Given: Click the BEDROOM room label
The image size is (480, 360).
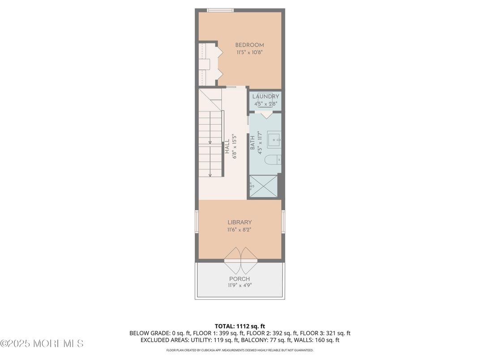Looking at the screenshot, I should (x=249, y=45).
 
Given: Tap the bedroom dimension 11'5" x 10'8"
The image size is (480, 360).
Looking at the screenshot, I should (x=249, y=52).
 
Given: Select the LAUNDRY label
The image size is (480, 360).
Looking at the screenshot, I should (x=266, y=96).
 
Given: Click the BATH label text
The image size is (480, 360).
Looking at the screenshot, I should (x=253, y=144).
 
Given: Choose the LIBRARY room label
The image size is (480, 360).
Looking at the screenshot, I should (x=240, y=222).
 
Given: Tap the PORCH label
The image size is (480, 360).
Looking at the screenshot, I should (x=240, y=279).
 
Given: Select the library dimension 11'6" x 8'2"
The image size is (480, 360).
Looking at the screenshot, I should (x=240, y=230).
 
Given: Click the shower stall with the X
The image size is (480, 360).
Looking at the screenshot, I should (x=263, y=186).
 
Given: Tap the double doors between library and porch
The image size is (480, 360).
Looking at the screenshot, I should (x=240, y=261).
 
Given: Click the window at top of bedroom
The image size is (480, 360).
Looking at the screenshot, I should (x=220, y=10).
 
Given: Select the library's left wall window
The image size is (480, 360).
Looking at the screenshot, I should (x=197, y=222).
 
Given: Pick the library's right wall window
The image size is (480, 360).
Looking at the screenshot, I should (x=283, y=222).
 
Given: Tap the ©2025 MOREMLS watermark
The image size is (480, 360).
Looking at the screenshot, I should (x=42, y=344).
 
